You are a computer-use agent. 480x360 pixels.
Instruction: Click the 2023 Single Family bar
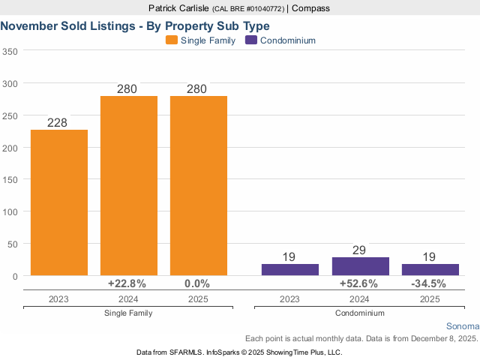(59, 202)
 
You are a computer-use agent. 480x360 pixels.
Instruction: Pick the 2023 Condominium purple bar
(289, 269)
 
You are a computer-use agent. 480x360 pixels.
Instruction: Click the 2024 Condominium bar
(360, 266)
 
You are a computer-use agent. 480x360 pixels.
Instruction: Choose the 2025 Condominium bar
(430, 269)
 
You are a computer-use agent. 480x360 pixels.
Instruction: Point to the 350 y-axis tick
(10, 52)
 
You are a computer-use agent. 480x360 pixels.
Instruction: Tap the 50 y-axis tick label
(13, 244)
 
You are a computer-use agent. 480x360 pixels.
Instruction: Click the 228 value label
(58, 123)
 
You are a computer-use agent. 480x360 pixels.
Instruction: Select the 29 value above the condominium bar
(359, 250)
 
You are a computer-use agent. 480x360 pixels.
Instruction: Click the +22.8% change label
(127, 284)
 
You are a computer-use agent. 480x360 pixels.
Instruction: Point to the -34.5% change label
(429, 284)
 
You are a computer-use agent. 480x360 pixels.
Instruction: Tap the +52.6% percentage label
(359, 284)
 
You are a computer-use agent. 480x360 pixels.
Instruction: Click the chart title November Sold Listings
(135, 25)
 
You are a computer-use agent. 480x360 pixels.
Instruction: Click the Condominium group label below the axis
(359, 313)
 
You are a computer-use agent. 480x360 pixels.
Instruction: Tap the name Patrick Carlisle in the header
(178, 8)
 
